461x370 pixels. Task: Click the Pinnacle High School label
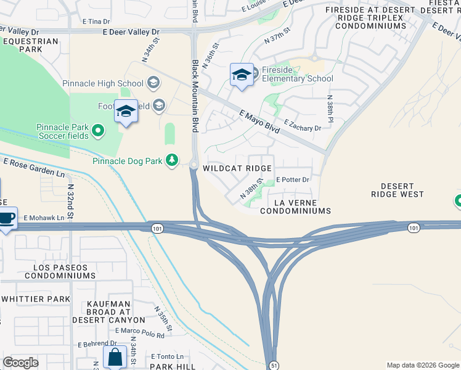pos(102,83)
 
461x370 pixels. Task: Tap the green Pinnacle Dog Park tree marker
pos(173,161)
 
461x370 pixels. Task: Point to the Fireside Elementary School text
pos(297,73)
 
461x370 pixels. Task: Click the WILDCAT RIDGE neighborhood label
pos(237,168)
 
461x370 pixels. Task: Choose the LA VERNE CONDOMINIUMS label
pos(295,207)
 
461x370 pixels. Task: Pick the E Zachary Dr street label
pos(302,125)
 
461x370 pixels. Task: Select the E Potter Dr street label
pos(292,179)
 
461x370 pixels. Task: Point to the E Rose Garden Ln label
pos(34,166)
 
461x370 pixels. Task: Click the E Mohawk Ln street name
pos(44,218)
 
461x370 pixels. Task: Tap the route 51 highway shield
pos(273,365)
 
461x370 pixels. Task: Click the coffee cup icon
pos(7,218)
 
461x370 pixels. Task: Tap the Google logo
pos(20,363)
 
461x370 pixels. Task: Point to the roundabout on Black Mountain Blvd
pos(194,165)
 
